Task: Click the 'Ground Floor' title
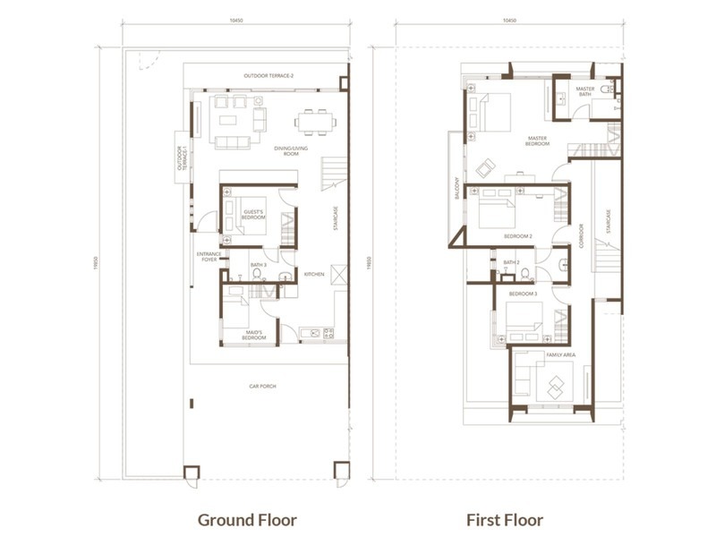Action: click(x=247, y=519)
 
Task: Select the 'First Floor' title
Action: click(x=505, y=519)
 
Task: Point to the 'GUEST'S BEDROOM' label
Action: click(x=254, y=215)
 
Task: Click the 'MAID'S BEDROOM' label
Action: click(x=254, y=337)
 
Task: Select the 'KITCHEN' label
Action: click(x=313, y=274)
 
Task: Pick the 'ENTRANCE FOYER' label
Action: click(x=209, y=257)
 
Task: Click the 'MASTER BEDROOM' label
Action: click(x=537, y=141)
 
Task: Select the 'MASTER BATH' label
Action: click(x=584, y=91)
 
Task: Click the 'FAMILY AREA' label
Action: click(x=563, y=355)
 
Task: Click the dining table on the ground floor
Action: click(x=317, y=119)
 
